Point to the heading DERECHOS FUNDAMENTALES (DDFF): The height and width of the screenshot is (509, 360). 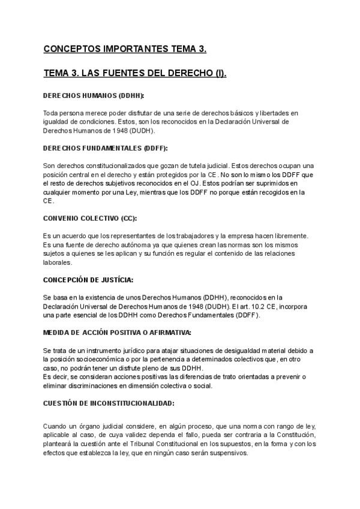[105, 148]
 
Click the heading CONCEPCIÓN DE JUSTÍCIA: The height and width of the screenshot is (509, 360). [88, 280]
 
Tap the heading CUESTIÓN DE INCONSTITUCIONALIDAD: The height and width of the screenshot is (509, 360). [109, 403]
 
